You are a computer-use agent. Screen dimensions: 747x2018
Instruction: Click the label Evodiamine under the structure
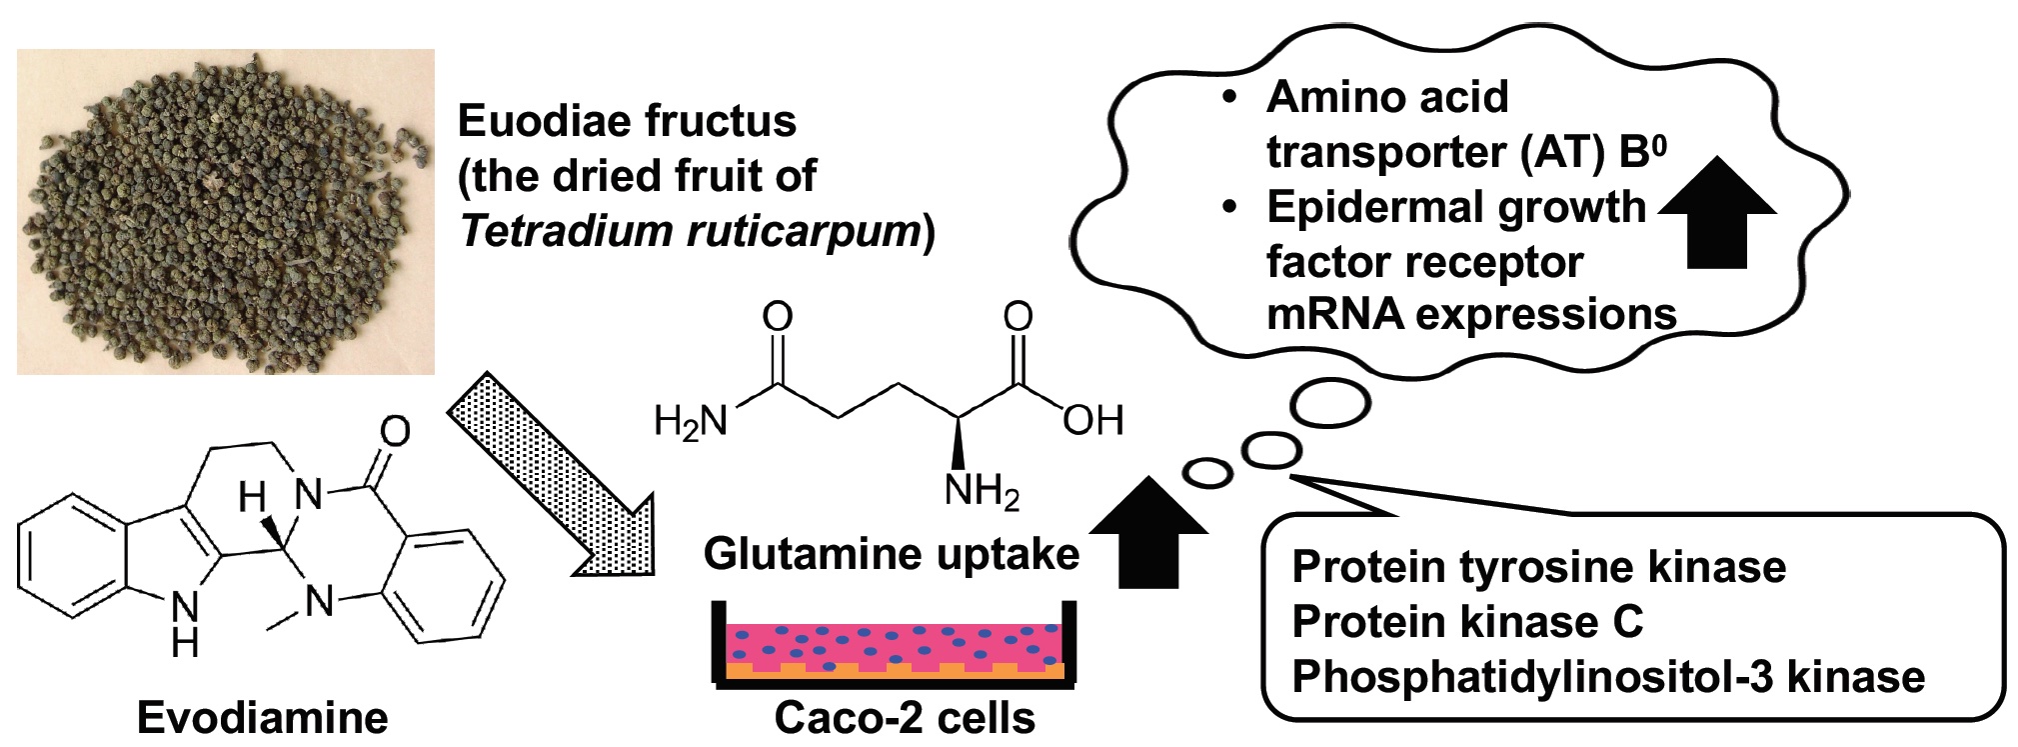point(262,718)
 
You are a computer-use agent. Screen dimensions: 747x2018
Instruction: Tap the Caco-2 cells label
point(905,718)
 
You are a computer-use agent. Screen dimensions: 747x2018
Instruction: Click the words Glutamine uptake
point(891,554)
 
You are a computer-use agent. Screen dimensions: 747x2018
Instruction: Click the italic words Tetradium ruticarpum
point(690,231)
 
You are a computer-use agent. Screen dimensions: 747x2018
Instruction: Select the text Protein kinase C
point(1467,622)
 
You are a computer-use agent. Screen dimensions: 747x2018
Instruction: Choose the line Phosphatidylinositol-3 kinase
point(1607,677)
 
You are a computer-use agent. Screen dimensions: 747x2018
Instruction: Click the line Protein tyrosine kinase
point(1538,567)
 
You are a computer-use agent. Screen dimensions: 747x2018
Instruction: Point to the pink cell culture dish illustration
point(895,650)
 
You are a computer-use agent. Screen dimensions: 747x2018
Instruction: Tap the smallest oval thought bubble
point(1207,472)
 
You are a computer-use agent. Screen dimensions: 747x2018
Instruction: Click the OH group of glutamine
point(1092,421)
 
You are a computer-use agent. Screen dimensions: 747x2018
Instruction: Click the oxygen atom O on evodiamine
point(396,432)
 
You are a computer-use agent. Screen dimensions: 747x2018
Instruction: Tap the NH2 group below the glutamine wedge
point(982,492)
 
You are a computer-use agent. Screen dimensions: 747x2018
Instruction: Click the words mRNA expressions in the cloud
point(1470,315)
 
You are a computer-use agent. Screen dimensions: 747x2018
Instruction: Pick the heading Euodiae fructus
point(627,121)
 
